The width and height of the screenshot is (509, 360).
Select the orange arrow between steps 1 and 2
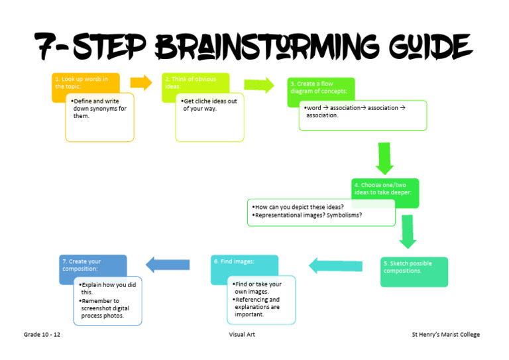141,83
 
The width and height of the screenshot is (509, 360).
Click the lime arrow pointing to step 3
258,85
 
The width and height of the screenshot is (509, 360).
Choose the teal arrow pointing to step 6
335,267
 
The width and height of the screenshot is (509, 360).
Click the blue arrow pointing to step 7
168,265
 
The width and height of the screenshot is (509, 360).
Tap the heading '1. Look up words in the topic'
82,83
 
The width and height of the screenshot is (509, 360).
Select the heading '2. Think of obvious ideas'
191,83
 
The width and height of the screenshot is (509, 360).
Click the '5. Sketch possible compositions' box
414,271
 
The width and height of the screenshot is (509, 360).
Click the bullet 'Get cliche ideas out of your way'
209,105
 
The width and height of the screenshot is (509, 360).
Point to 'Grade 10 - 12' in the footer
42,335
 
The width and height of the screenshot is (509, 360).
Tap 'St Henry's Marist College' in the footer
445,335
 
